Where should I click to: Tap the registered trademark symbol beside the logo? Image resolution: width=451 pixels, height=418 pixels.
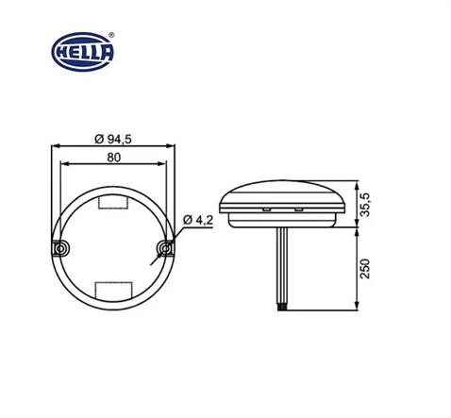pyautogui.click(x=113, y=35)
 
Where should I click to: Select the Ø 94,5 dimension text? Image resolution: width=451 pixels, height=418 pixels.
pyautogui.click(x=112, y=139)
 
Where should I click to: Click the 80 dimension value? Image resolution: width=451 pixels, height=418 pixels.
pyautogui.click(x=113, y=158)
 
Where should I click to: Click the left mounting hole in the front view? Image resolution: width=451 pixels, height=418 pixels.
pyautogui.click(x=60, y=248)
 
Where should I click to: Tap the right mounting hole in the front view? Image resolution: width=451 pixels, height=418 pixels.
pyautogui.click(x=165, y=248)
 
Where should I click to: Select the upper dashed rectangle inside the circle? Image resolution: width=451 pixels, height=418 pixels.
pyautogui.click(x=113, y=202)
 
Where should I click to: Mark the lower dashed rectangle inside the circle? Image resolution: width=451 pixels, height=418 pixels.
pyautogui.click(x=113, y=288)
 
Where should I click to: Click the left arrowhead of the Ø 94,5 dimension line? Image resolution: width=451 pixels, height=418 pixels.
pyautogui.click(x=53, y=145)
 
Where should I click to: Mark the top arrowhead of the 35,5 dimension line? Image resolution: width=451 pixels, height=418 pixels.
pyautogui.click(x=358, y=183)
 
